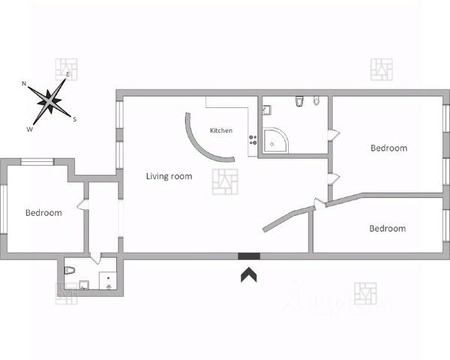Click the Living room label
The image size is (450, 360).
point(168,177)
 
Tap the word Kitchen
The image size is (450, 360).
point(220,130)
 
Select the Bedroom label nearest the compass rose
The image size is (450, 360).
point(43,213)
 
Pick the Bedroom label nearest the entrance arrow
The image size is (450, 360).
point(387,228)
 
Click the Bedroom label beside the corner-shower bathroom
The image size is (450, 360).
point(388,148)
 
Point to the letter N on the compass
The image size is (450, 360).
point(25,83)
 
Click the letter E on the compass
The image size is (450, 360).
point(67,75)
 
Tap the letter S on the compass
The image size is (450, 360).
point(74,118)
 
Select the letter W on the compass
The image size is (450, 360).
point(30,129)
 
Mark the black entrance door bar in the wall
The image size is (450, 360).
point(249,256)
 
